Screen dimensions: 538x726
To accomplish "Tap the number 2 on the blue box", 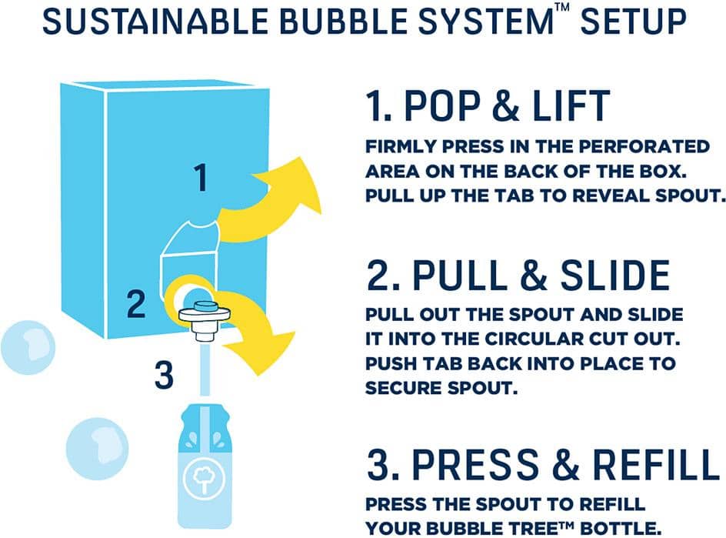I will click(136, 305).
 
